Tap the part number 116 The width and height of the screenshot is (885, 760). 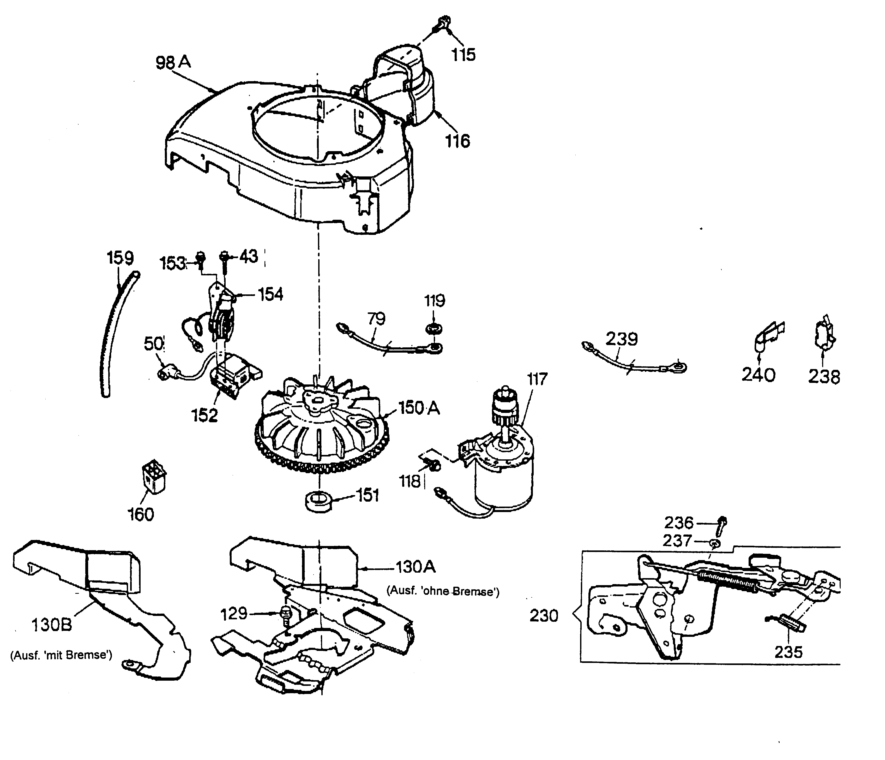tap(457, 141)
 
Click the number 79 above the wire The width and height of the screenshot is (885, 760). tap(376, 318)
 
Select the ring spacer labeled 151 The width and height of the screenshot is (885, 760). tap(318, 500)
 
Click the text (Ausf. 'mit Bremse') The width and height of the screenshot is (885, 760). tap(61, 655)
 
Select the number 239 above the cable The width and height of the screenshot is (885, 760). tap(622, 339)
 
